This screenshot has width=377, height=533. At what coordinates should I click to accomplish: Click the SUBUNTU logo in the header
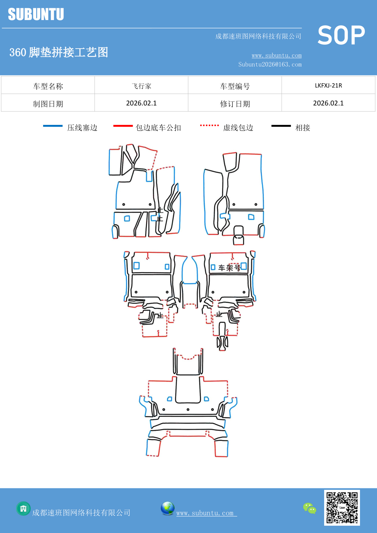(x=36, y=14)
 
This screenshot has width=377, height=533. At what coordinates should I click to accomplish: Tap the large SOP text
(x=341, y=35)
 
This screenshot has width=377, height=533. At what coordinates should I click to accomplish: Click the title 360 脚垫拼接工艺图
(x=59, y=52)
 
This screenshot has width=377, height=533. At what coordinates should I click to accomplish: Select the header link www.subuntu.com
(x=276, y=55)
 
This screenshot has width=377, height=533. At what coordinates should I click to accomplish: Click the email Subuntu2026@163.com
(x=270, y=64)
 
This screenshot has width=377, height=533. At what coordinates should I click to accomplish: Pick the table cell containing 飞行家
(x=141, y=86)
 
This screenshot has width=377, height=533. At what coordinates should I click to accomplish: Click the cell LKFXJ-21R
(x=328, y=86)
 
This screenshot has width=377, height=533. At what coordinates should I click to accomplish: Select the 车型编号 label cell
(x=235, y=86)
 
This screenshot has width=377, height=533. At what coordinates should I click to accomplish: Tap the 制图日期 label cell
(x=48, y=104)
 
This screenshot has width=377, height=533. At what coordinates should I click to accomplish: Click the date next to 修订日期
(x=328, y=103)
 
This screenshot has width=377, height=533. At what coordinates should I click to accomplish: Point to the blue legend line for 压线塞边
(x=53, y=126)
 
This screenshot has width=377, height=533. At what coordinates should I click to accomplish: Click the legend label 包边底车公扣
(x=158, y=128)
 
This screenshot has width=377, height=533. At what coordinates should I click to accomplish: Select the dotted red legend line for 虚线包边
(x=209, y=125)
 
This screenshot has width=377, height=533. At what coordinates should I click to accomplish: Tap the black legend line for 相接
(x=281, y=126)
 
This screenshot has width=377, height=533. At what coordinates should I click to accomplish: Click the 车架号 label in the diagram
(x=229, y=268)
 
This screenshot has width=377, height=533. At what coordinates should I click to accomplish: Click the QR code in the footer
(x=342, y=507)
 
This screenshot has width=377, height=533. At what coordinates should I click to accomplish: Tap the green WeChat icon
(x=310, y=508)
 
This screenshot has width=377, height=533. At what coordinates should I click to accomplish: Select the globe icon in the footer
(x=167, y=508)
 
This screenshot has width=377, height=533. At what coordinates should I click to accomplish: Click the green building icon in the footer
(x=23, y=508)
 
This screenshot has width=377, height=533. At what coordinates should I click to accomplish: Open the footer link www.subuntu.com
(x=206, y=513)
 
